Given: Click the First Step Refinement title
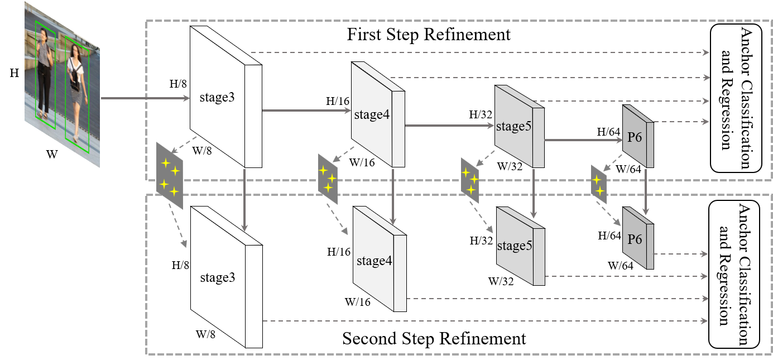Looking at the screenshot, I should click(429, 35).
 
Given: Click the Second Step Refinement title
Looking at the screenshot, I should click(434, 339).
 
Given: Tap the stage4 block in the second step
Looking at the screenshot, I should click(373, 261).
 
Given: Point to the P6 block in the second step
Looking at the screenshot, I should click(635, 239).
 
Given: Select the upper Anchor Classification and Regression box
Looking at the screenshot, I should click(736, 98).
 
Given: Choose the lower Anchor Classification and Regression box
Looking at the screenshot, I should click(736, 275).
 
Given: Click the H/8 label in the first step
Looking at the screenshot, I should click(178, 84).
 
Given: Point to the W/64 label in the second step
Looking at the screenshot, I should click(621, 266).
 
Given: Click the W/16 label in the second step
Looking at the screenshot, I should click(358, 302).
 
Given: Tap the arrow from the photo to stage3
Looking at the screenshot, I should click(145, 99).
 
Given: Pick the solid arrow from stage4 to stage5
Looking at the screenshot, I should click(449, 126).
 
